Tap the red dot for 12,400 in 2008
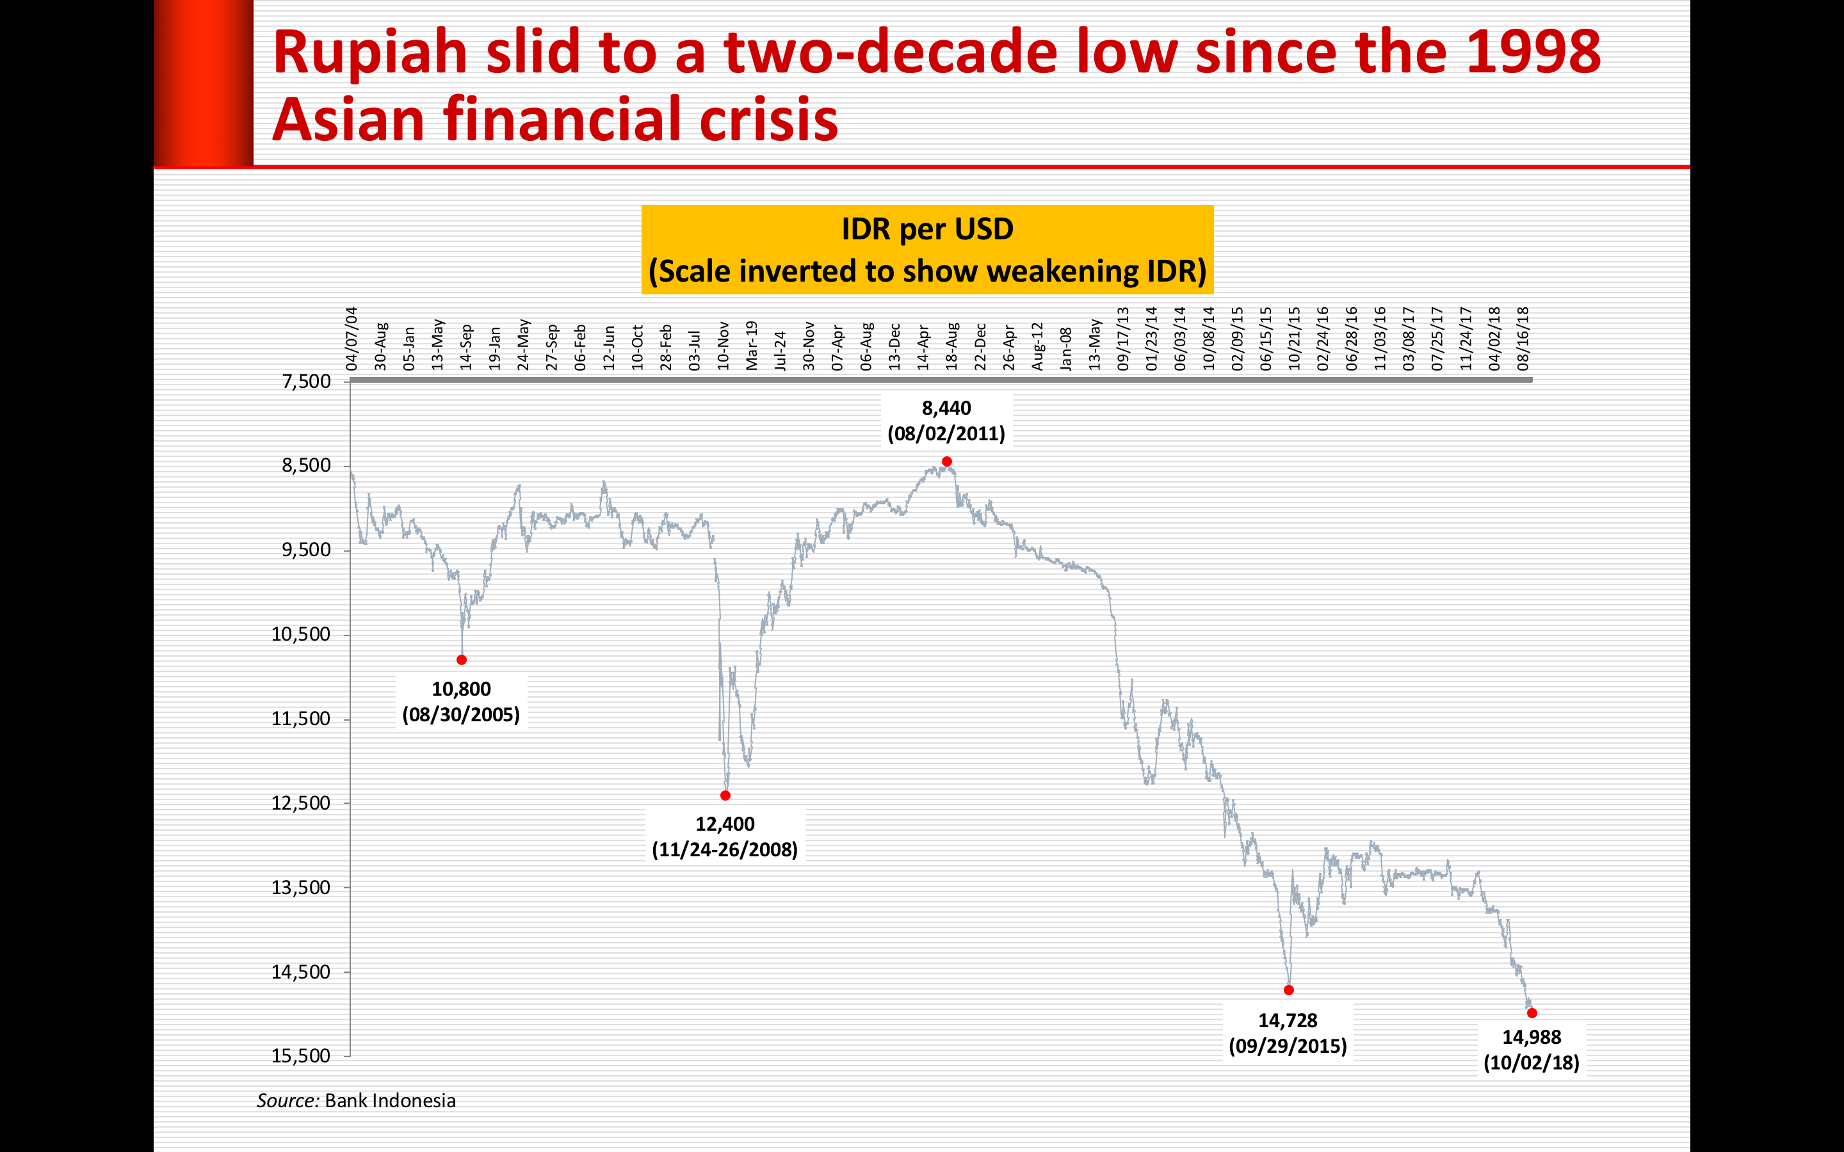[x=725, y=796]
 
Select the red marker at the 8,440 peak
[x=946, y=461]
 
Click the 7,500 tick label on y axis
[x=306, y=381]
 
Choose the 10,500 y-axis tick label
[x=301, y=635]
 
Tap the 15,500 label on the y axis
[x=301, y=1056]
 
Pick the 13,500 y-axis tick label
[x=301, y=888]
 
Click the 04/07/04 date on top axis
[x=352, y=339]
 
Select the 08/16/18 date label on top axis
[x=1523, y=339]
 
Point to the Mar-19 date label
[x=751, y=346]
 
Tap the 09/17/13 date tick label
[x=1122, y=339]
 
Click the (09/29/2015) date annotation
[x=1288, y=1046]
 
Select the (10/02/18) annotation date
[x=1531, y=1063]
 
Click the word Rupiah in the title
[x=369, y=52]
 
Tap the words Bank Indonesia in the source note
[x=390, y=1101]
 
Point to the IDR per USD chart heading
[x=927, y=229]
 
